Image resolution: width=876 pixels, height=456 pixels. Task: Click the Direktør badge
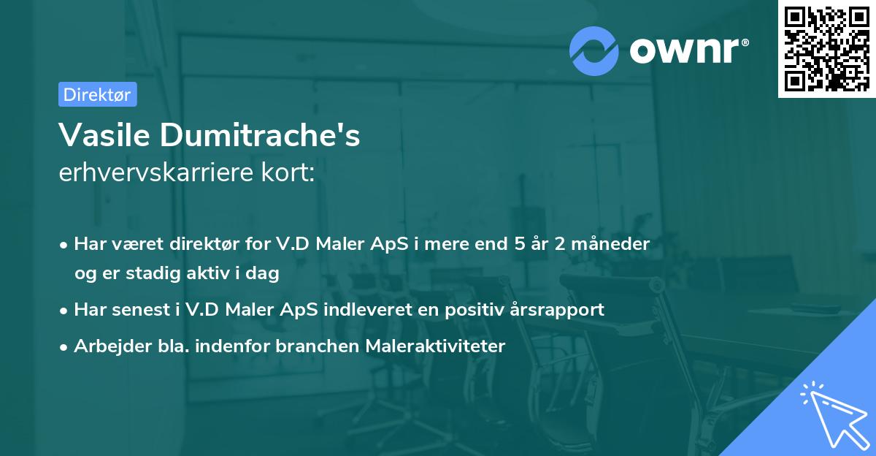tap(97, 94)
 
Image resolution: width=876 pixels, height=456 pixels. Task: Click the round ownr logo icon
tap(595, 50)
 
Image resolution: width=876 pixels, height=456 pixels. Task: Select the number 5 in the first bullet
tap(519, 243)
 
